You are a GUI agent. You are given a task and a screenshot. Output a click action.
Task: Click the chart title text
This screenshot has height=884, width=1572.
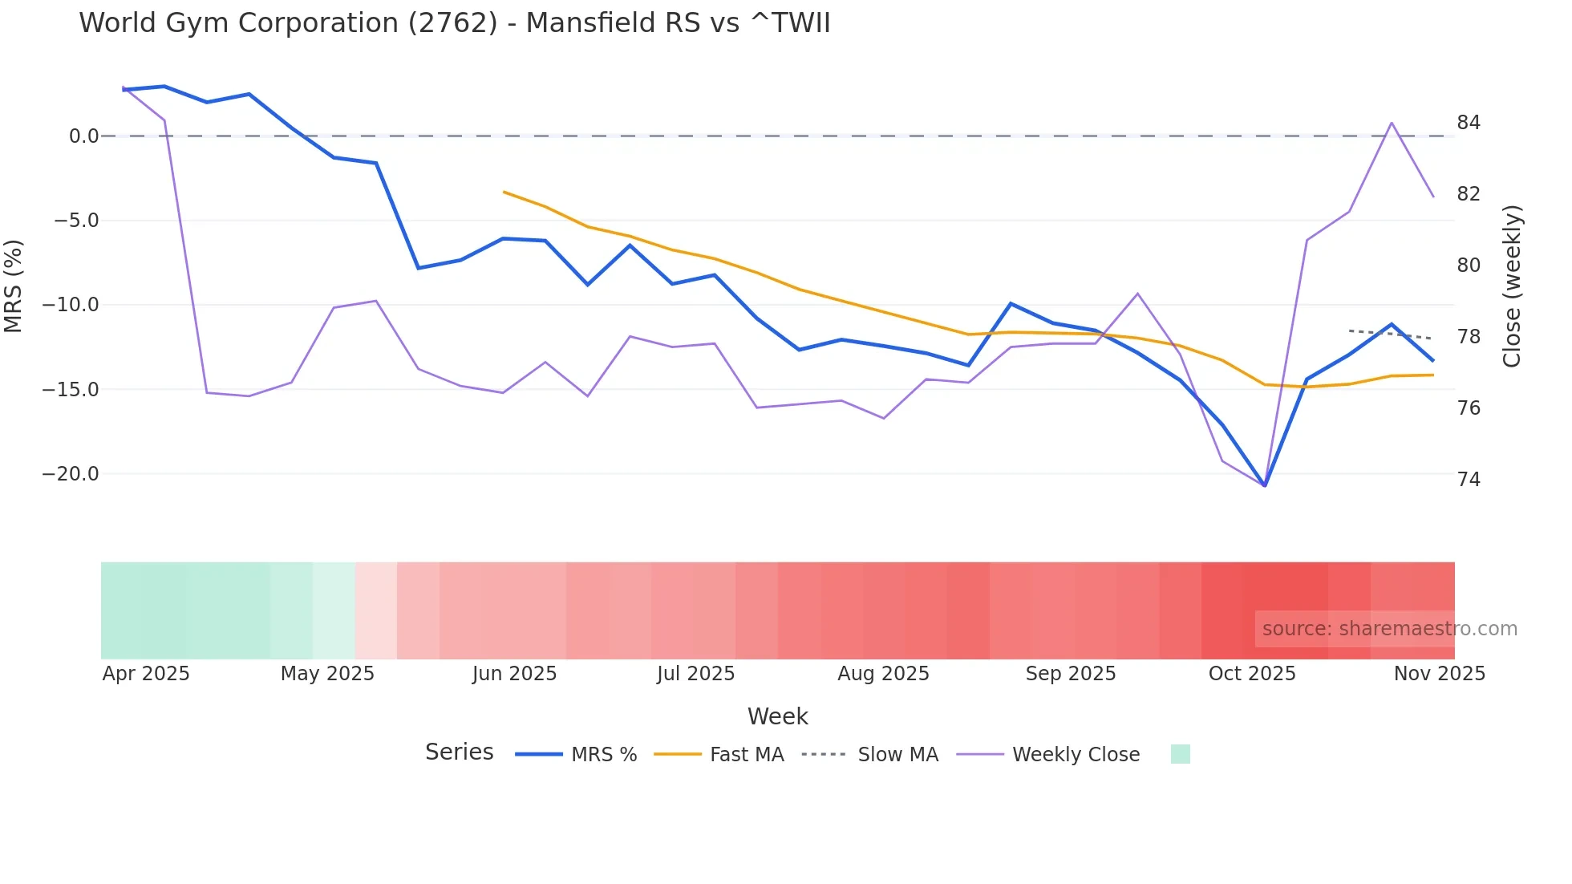coord(454,23)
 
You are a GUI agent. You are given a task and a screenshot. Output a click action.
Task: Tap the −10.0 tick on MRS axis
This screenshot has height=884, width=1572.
coord(71,305)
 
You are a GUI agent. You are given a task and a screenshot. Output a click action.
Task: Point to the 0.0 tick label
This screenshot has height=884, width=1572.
coord(83,136)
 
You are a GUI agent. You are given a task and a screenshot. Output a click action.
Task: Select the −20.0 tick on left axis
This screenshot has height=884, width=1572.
coord(71,474)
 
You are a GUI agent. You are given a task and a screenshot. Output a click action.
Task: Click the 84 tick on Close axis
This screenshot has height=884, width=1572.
coord(1469,123)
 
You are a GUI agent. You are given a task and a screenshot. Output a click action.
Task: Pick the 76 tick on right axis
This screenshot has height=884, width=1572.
coord(1469,408)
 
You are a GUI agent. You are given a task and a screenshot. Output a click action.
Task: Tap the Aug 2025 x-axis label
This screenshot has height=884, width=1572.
coord(883,674)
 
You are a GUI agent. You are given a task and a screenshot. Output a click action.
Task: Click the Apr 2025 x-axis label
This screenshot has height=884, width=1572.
coord(146,674)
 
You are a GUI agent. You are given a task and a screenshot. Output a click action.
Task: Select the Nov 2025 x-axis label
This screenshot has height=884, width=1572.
coord(1439,674)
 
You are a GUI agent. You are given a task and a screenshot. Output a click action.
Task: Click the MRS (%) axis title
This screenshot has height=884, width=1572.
coord(14,286)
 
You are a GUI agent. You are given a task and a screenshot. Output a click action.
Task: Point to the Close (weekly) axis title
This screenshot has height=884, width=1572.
coord(1513,286)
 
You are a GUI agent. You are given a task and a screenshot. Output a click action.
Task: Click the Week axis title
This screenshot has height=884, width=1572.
coord(777,716)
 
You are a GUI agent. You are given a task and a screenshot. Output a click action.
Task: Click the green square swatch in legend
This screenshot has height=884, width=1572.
coord(1180,754)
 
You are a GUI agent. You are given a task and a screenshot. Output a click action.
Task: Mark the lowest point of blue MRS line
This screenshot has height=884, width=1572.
coord(1265,485)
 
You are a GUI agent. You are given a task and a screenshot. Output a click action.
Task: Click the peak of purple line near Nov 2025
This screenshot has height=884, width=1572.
coord(1392,123)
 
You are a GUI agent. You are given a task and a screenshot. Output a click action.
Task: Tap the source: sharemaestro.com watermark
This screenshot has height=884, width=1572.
coord(1389,629)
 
